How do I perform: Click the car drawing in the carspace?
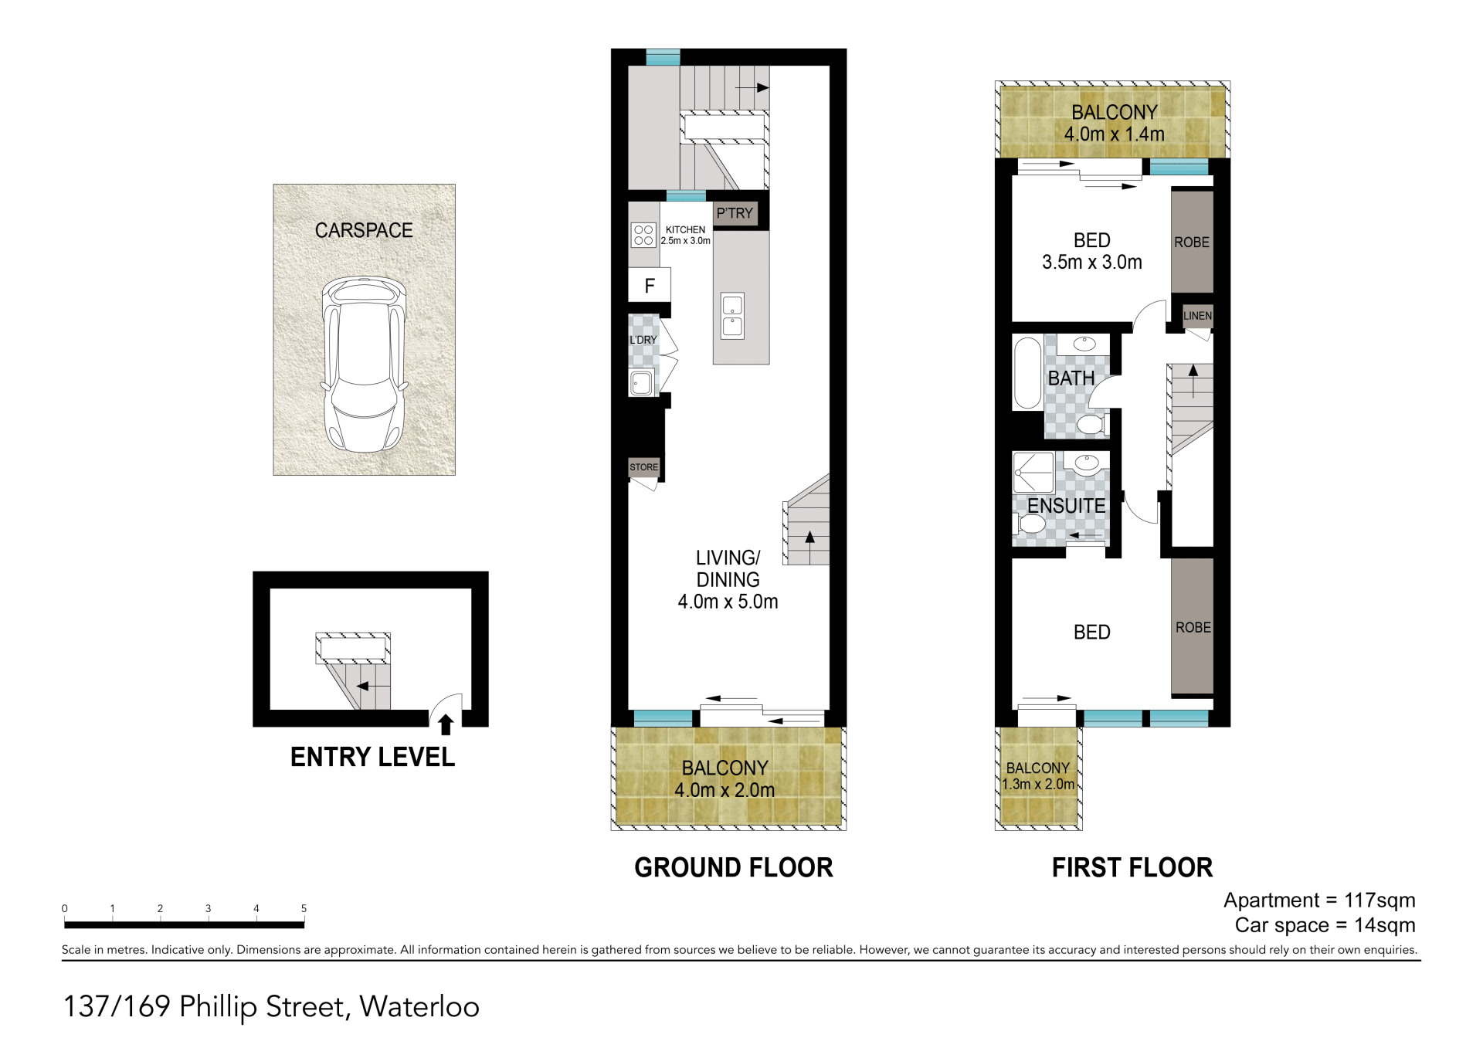point(364,365)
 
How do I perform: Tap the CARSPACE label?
point(364,230)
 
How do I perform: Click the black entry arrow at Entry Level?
point(446,724)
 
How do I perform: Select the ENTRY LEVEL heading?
point(372,757)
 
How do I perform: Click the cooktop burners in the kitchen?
point(643,235)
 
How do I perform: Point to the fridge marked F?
point(649,285)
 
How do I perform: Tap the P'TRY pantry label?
point(734,213)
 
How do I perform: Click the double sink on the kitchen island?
point(732,315)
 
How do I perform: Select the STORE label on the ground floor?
point(643,467)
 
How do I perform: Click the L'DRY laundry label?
point(643,340)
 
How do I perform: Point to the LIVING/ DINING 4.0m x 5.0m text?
point(728,579)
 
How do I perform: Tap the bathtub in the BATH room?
point(1027,372)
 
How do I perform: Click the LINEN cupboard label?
point(1197,315)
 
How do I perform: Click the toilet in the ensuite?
point(1030,524)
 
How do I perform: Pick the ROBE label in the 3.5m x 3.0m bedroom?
point(1192,242)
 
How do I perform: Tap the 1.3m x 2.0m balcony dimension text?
point(1038,784)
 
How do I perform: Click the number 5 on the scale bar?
point(304,908)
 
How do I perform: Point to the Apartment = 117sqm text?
point(1319,900)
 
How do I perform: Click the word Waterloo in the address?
point(419,1006)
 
